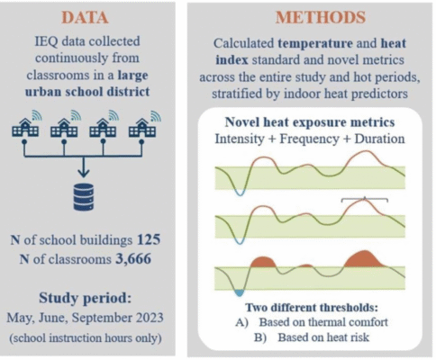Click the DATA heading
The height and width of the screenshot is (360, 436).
(85, 17)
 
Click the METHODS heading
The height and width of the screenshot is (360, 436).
(321, 17)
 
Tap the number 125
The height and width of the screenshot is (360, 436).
(149, 239)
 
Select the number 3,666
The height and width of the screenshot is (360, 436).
(133, 259)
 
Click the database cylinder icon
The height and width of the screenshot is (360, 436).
(84, 197)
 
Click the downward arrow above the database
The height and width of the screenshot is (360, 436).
(84, 166)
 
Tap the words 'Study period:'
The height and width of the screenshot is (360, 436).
(86, 298)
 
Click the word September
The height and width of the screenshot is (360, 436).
(102, 318)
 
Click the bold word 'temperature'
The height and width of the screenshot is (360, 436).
(315, 44)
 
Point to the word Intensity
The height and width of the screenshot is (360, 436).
(240, 139)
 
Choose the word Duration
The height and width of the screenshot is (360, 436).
(379, 139)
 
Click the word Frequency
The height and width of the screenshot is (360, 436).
(309, 139)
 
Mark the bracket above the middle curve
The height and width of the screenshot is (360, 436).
(365, 198)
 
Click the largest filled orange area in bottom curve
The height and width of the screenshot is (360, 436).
(364, 259)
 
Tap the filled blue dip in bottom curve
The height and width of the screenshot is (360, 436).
(240, 292)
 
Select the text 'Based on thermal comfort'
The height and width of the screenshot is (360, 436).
(323, 322)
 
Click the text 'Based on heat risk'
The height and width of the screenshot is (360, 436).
(323, 337)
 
